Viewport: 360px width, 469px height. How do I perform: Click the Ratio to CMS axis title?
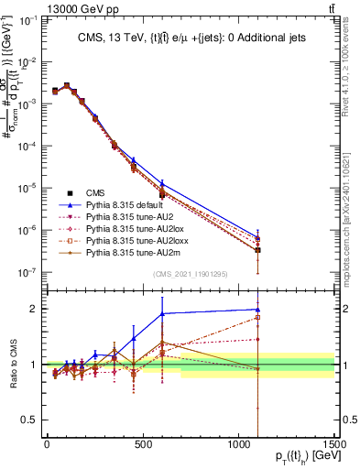pos(12,364)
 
